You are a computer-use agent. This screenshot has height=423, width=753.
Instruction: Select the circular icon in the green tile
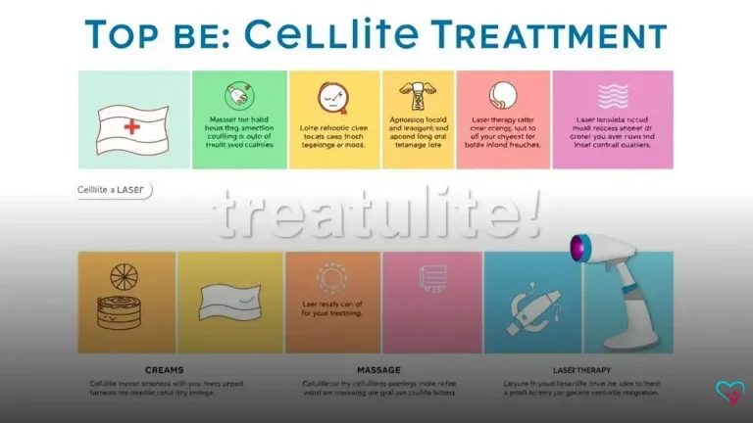[238, 96]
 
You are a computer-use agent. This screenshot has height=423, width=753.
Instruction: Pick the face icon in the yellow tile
[333, 96]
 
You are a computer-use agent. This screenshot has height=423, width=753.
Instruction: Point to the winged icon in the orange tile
[417, 95]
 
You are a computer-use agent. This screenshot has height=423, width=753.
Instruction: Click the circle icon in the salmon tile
[502, 95]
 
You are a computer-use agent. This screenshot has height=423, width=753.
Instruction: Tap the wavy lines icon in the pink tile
[613, 95]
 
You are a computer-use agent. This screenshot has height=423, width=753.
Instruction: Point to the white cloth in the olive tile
[229, 299]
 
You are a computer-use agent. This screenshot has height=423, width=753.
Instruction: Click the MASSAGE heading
[333, 370]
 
